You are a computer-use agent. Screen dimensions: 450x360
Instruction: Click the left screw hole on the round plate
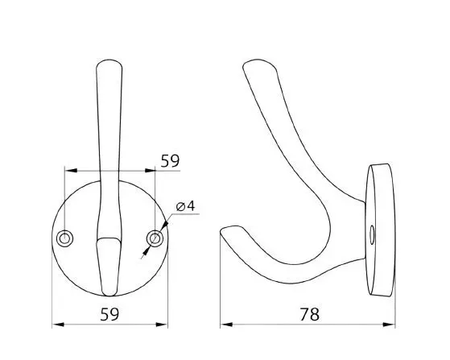click(x=65, y=238)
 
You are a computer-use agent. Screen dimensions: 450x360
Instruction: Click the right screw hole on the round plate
click(x=155, y=238)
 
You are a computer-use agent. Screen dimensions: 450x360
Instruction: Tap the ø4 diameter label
click(x=185, y=206)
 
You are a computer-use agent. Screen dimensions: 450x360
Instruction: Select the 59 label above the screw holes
click(x=170, y=161)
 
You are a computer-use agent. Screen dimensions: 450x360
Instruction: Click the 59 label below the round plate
click(x=109, y=314)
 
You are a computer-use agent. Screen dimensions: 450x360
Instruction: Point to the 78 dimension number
click(x=310, y=314)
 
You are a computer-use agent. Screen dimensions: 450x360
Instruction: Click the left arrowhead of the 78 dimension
click(x=226, y=325)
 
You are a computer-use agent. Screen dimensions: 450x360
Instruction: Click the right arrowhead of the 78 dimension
click(x=389, y=325)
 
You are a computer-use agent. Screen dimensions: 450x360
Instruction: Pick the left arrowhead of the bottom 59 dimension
click(x=58, y=325)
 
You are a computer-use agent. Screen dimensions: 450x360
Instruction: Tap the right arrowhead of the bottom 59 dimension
click(x=162, y=325)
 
